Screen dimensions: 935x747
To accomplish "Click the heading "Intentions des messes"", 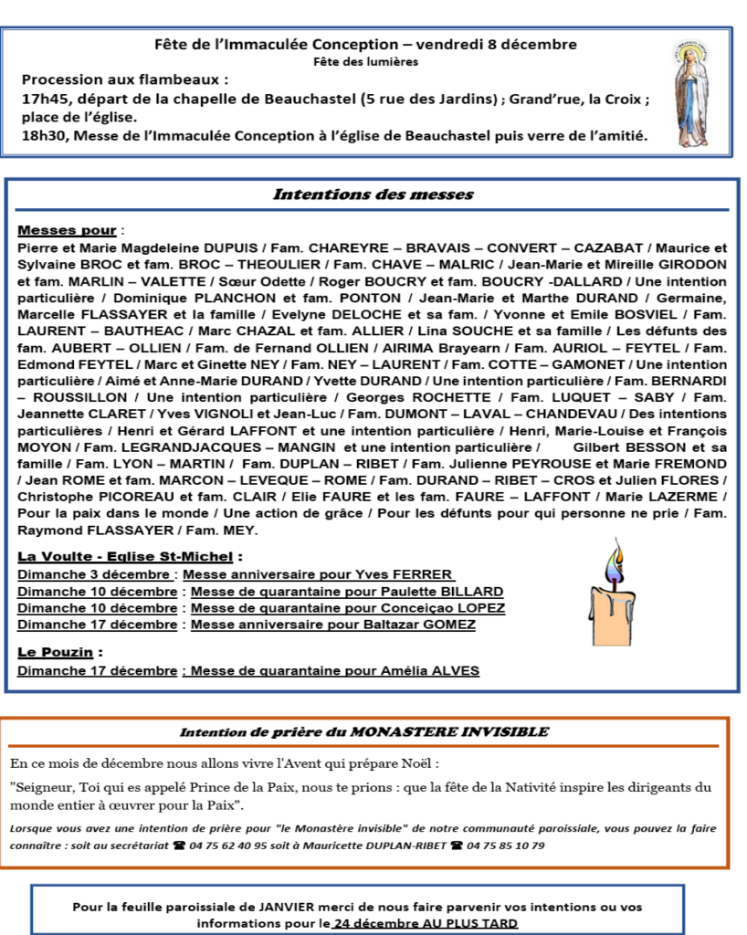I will tap(373, 194).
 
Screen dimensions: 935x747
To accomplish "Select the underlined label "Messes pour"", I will tap(67, 230).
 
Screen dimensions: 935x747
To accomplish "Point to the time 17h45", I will tap(43, 99).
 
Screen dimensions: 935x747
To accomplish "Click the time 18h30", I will tap(43, 136).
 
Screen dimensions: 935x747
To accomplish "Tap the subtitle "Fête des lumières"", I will tap(365, 62).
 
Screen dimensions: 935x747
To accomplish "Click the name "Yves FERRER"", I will tap(414, 574).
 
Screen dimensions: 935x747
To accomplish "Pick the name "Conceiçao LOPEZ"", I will tap(452, 608).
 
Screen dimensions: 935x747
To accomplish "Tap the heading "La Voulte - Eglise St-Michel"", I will tap(127, 556).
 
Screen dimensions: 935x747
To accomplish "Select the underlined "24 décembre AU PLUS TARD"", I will tap(426, 923).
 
